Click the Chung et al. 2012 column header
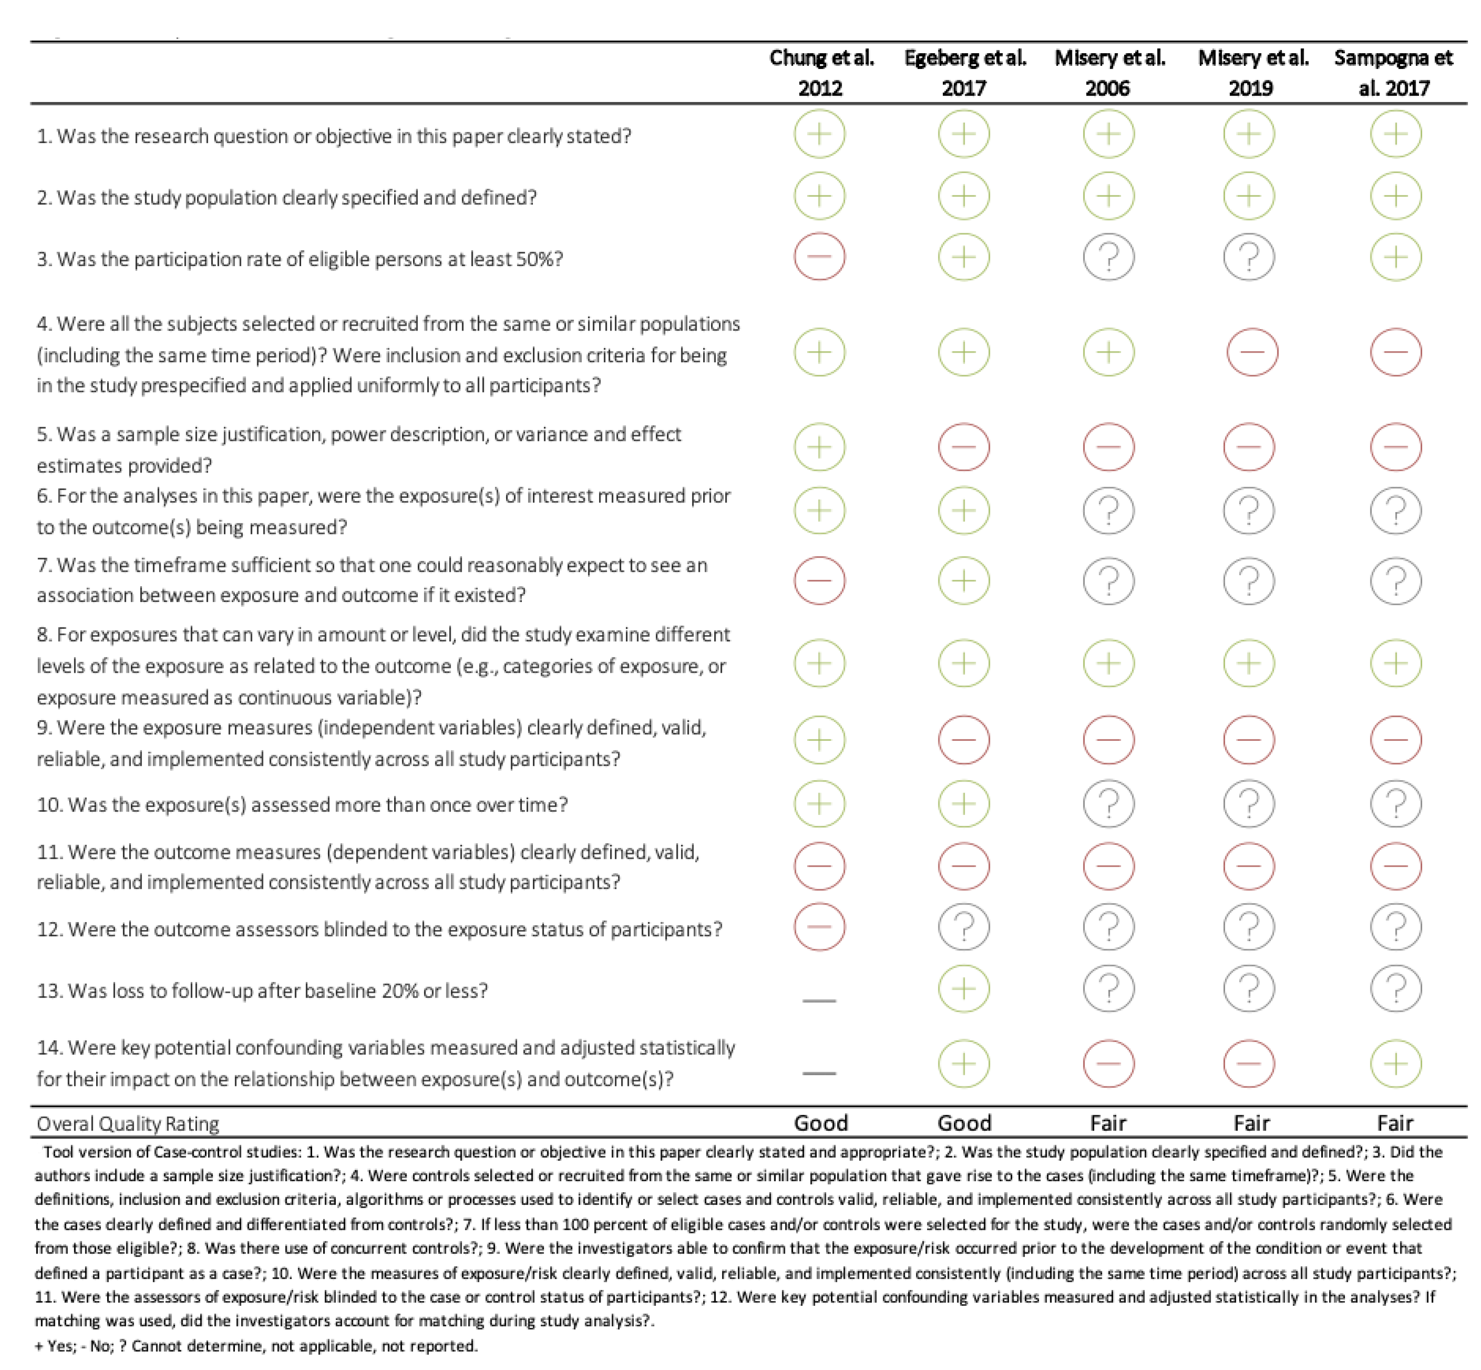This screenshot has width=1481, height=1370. tap(820, 72)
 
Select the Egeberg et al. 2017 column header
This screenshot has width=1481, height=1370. tap(964, 72)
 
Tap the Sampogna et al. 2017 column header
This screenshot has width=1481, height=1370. tap(1394, 72)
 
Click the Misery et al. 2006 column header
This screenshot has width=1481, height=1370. tap(1109, 72)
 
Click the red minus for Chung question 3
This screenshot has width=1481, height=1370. tap(819, 257)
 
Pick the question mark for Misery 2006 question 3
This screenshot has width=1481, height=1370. tap(1108, 257)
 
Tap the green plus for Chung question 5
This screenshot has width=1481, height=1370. tap(819, 447)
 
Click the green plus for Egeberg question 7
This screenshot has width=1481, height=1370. tap(963, 580)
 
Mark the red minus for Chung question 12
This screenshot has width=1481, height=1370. tap(819, 927)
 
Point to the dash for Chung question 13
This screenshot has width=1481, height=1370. tap(819, 1000)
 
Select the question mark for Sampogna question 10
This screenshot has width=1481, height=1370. tap(1395, 804)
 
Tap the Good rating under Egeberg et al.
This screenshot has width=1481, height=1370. tap(964, 1122)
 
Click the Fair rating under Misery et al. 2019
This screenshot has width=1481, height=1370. tap(1251, 1122)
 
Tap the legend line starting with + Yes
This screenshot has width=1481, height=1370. tap(256, 1345)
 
